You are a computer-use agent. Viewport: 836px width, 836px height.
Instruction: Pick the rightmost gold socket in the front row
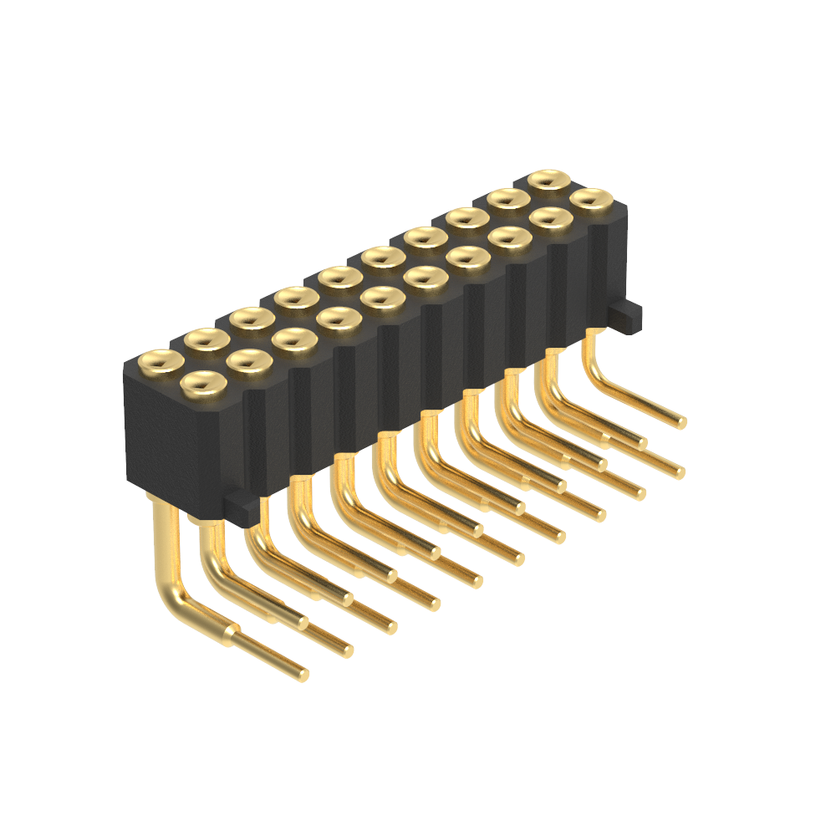pos(591,199)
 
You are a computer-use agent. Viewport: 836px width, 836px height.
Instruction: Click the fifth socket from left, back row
pos(339,275)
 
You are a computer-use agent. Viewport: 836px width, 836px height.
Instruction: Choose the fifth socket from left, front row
pos(382,296)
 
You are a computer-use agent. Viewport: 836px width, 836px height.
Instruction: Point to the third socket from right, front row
pos(509,238)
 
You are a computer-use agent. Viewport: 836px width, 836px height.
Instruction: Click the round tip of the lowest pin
pos(302,674)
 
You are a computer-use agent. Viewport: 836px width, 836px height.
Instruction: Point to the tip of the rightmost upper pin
pos(682,422)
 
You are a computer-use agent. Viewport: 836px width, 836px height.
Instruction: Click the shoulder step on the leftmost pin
pos(229,634)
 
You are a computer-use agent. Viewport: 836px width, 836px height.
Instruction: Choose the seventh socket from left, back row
pos(426,237)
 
